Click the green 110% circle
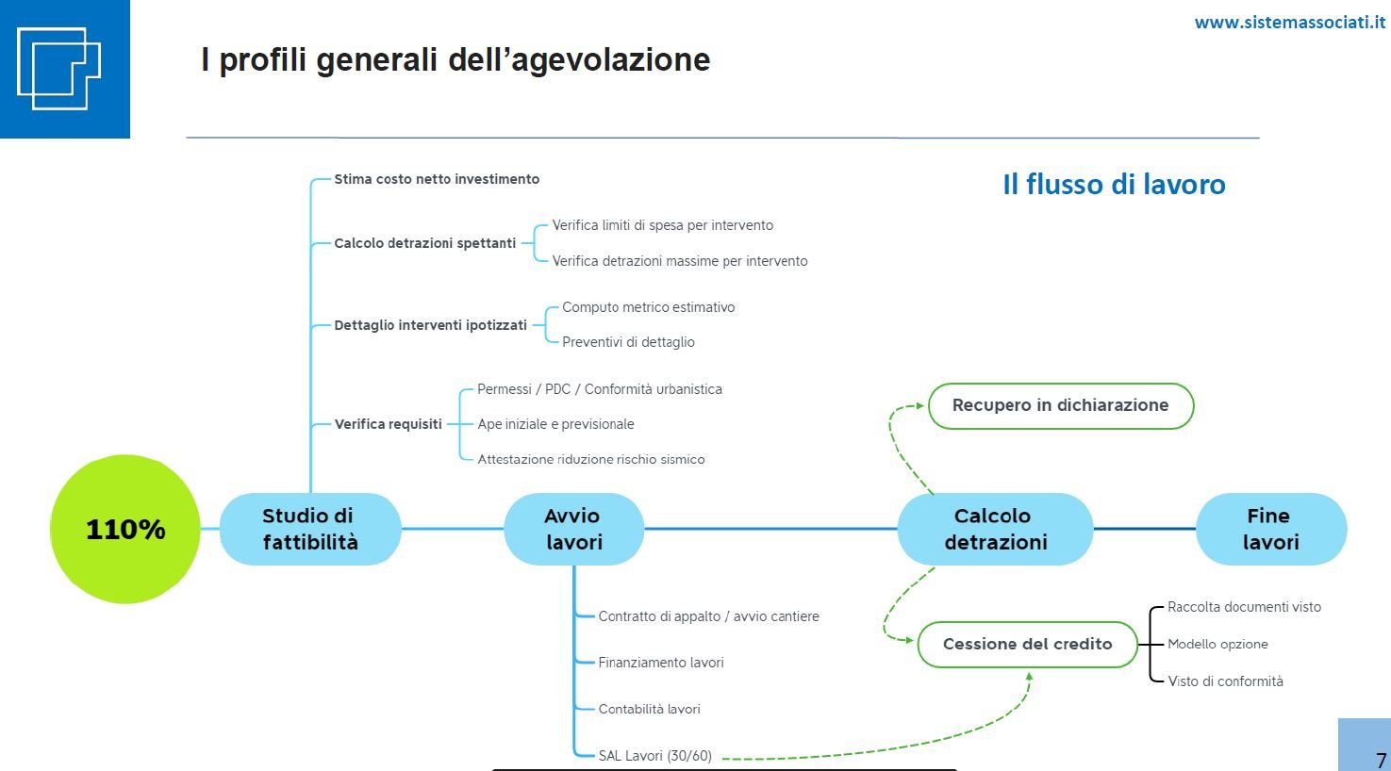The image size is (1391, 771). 124,529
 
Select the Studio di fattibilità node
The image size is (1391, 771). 310,529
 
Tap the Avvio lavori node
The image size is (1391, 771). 573,529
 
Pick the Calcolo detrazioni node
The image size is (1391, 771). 996,529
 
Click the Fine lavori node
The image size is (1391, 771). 1271,529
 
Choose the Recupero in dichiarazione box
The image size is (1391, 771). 1061,406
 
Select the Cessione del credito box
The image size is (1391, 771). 1027,645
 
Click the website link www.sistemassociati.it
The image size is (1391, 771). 1290,23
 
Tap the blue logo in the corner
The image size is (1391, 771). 64,69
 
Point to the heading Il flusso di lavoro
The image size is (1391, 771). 1114,185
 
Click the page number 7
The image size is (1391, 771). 1381,760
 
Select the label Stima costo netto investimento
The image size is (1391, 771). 437,179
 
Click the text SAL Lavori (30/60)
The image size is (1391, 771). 654,756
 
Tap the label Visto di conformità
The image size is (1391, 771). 1225,681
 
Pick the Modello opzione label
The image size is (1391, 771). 1217,644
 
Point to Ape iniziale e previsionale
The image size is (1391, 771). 555,424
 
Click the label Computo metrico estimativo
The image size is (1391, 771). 648,307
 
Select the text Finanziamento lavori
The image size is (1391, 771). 661,663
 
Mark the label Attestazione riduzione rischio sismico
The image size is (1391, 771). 591,459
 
